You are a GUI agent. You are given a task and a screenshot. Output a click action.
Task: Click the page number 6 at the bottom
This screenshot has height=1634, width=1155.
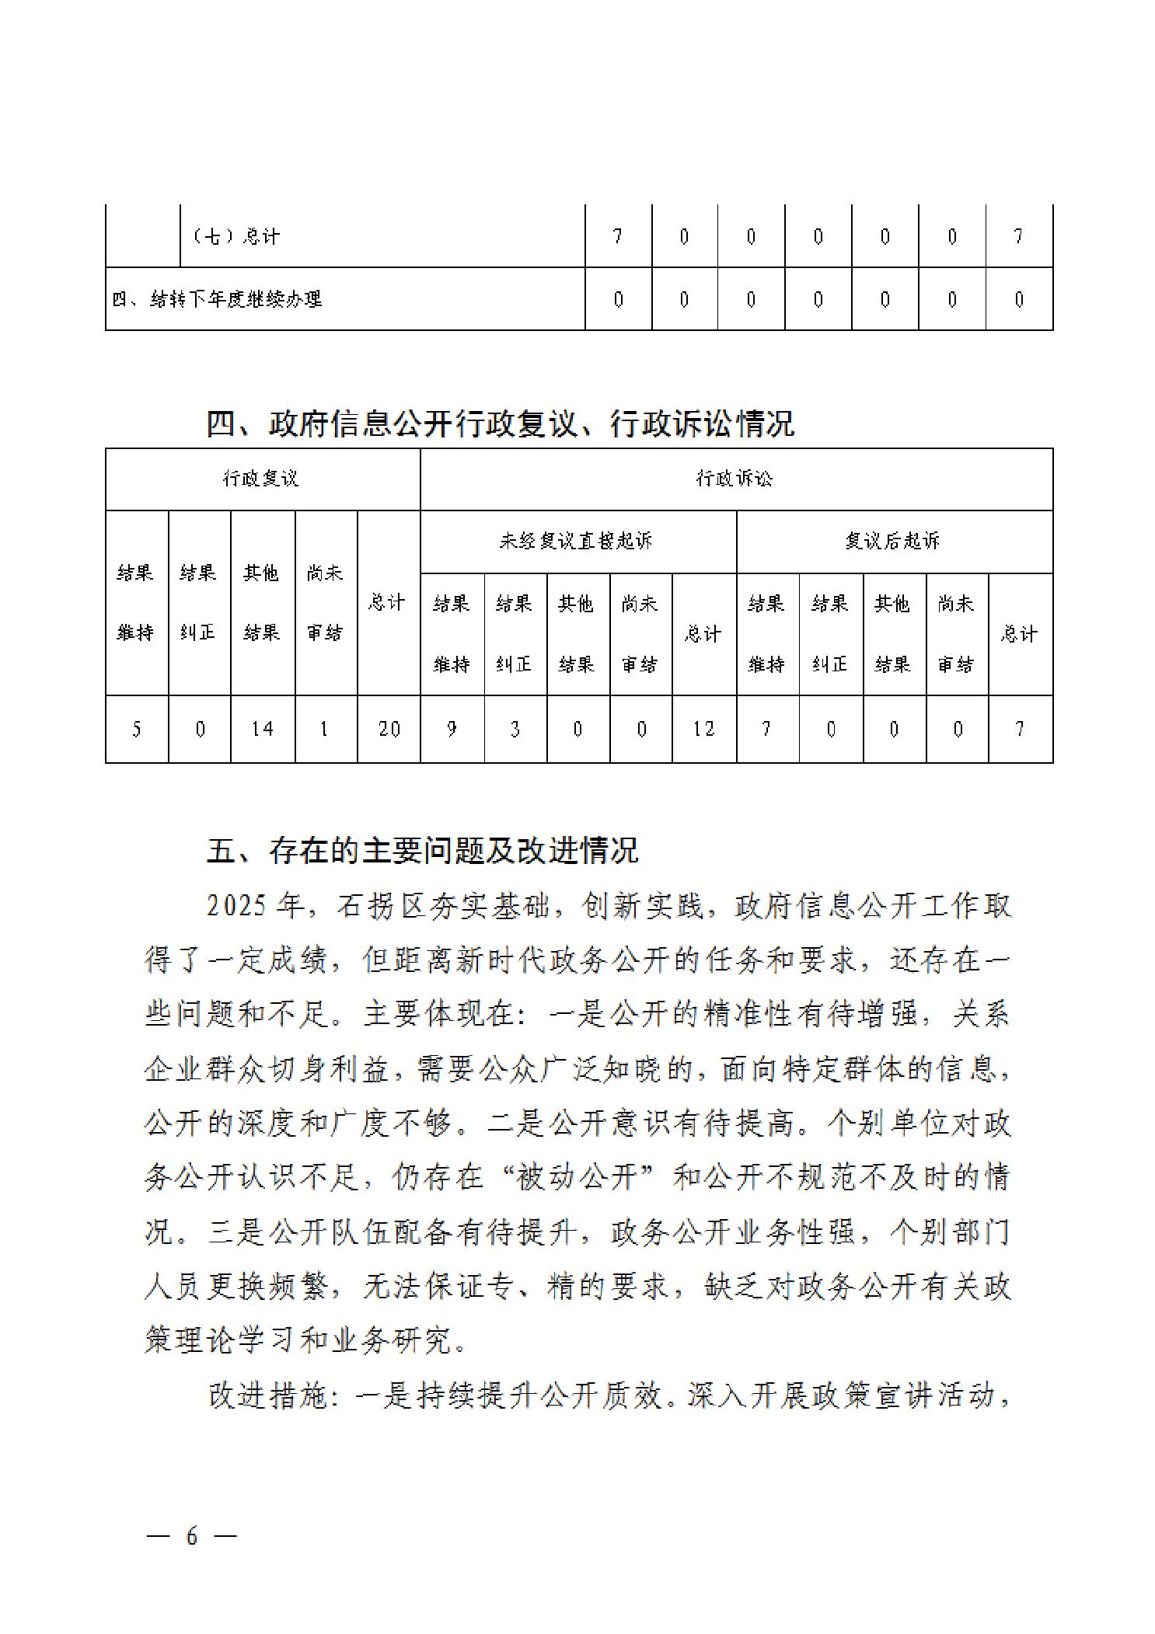[x=191, y=1535]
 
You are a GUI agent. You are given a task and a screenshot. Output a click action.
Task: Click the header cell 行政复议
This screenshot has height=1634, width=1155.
[x=261, y=479]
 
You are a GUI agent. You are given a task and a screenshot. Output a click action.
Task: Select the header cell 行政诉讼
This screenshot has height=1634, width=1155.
[x=735, y=479]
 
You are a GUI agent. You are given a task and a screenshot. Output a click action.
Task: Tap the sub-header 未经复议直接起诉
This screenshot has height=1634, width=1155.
[x=576, y=541]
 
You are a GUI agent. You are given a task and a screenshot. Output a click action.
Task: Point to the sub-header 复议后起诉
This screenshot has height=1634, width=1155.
[x=892, y=541]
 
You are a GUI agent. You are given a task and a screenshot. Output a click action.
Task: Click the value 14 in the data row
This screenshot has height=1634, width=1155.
[x=262, y=729]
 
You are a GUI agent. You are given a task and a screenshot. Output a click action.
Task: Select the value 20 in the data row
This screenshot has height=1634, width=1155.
[x=389, y=729]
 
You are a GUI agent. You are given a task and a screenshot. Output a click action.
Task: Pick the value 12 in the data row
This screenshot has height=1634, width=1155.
[x=703, y=729]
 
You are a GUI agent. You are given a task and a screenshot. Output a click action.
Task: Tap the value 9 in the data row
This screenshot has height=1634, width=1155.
[x=452, y=729]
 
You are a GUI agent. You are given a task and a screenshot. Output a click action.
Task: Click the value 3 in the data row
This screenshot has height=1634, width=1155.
[x=515, y=729]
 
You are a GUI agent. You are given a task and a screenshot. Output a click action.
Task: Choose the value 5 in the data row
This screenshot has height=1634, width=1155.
[x=137, y=729]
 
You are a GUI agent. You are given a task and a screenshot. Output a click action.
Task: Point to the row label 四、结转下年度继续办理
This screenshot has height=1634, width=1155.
[x=217, y=299]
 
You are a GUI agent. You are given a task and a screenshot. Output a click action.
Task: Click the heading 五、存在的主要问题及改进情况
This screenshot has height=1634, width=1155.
[x=422, y=851]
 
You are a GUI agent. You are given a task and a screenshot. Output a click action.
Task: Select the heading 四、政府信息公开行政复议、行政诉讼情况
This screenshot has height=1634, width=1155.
[x=500, y=424]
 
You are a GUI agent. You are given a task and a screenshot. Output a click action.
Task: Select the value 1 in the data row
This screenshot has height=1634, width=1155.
[x=325, y=729]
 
